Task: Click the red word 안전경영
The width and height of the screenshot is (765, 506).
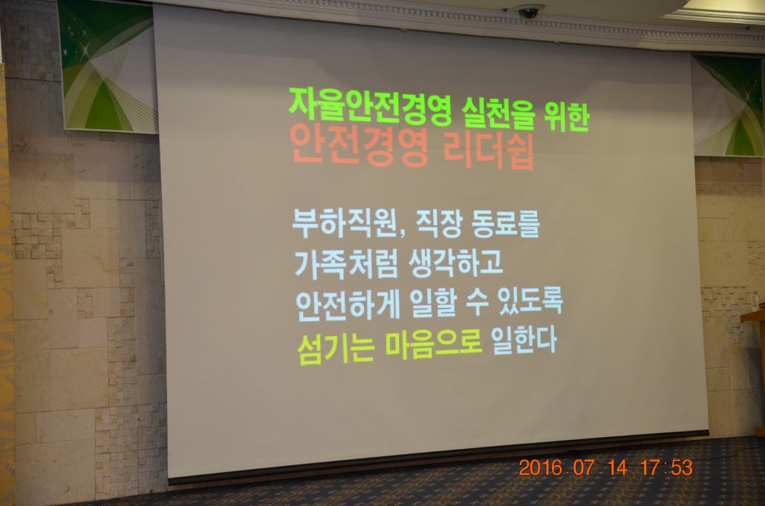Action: pos(359,144)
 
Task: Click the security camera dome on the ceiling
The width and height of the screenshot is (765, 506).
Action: pos(527,13)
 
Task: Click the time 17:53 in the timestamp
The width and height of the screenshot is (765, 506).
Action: pos(666,467)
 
